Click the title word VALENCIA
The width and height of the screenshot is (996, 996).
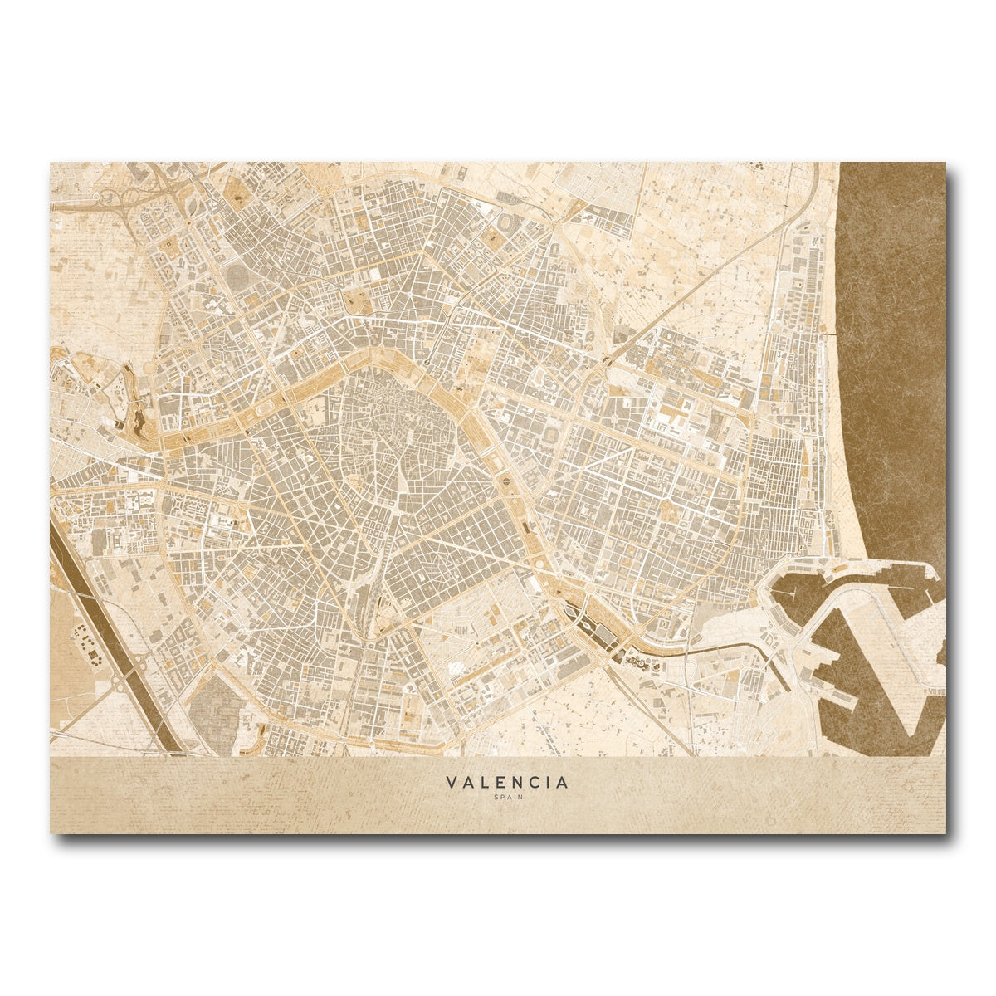tap(507, 783)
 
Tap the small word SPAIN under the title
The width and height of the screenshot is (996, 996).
tap(507, 798)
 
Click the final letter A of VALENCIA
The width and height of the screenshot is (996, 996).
tap(564, 783)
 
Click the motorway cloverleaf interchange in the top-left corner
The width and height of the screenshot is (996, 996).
tap(112, 198)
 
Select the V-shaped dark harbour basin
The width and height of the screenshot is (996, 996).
tap(880, 681)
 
